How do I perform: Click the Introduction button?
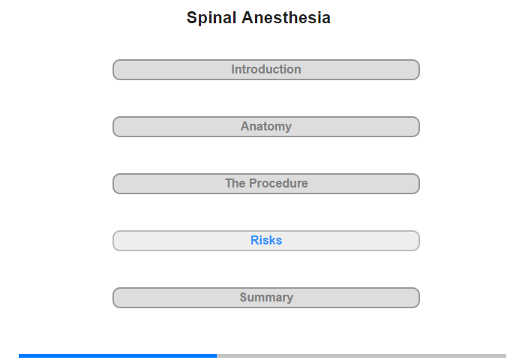tap(266, 70)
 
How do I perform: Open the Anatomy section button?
tap(266, 127)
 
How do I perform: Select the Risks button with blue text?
tap(266, 241)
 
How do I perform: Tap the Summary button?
tap(266, 298)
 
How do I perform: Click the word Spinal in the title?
tap(211, 18)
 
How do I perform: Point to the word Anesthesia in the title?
tap(286, 17)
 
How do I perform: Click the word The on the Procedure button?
tap(235, 183)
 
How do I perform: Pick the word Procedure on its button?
tap(278, 183)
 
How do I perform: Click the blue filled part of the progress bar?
tap(118, 355)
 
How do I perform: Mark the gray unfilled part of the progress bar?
tap(361, 355)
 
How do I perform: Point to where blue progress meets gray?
tap(217, 355)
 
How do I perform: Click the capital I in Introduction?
tap(233, 69)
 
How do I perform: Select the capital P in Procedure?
tap(253, 183)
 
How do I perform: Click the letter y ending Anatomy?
tap(288, 127)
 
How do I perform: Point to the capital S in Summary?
tap(244, 297)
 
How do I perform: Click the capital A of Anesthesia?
tap(247, 17)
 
